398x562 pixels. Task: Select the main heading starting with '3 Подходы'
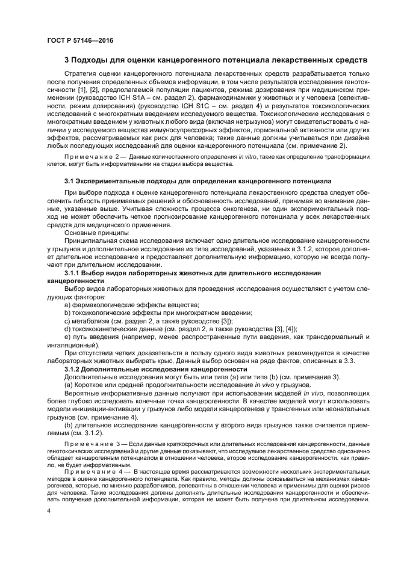click(215, 61)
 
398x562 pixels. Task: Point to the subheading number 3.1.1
click(74, 273)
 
